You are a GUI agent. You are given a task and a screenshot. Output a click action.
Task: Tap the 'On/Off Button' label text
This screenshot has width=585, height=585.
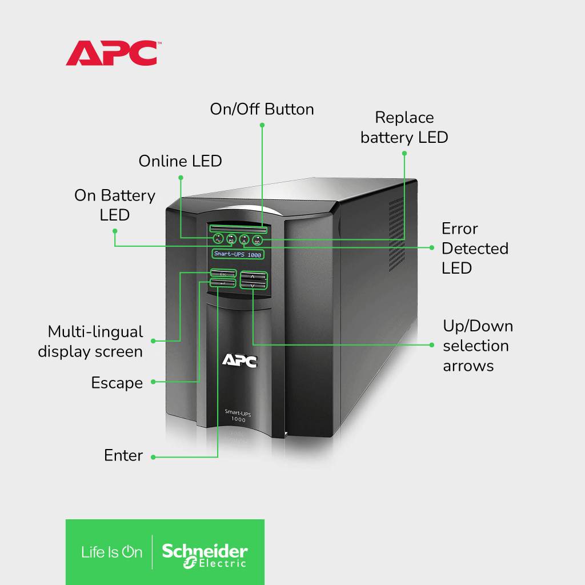pyautogui.click(x=262, y=109)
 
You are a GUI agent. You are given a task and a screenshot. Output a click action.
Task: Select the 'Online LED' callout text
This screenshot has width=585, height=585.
pyautogui.click(x=180, y=161)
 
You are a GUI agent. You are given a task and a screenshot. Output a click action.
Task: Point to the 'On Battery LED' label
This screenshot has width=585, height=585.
pyautogui.click(x=115, y=205)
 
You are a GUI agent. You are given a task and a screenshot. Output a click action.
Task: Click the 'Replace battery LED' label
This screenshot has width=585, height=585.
pyautogui.click(x=404, y=127)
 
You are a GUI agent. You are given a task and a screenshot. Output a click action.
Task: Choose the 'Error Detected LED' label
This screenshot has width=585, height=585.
pyautogui.click(x=474, y=249)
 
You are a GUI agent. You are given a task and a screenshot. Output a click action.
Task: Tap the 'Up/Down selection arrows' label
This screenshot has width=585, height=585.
pyautogui.click(x=478, y=346)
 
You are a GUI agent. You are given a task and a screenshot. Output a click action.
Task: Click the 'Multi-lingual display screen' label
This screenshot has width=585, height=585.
pyautogui.click(x=90, y=342)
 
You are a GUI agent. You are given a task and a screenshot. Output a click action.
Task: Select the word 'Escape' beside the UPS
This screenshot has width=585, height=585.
pyautogui.click(x=117, y=383)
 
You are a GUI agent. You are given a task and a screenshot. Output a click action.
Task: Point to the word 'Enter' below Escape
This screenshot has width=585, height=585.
pyautogui.click(x=123, y=455)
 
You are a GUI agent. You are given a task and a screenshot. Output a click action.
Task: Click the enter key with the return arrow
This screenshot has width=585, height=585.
pyautogui.click(x=223, y=283)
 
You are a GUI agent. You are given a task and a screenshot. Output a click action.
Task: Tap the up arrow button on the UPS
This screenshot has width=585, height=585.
pyautogui.click(x=253, y=276)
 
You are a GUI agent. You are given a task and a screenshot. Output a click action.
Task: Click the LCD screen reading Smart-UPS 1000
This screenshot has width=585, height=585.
pyautogui.click(x=238, y=254)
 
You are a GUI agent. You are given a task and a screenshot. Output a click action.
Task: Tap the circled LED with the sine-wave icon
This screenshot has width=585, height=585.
pyautogui.click(x=218, y=239)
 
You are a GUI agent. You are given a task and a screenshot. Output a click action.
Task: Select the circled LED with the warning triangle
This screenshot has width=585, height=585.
pyautogui.click(x=245, y=239)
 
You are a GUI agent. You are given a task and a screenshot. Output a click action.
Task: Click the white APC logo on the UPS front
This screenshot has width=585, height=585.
pyautogui.click(x=239, y=360)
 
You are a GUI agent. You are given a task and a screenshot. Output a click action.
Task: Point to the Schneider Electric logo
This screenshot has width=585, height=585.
pyautogui.click(x=205, y=552)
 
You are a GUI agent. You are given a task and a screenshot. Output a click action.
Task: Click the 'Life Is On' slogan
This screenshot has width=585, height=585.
pyautogui.click(x=111, y=552)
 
